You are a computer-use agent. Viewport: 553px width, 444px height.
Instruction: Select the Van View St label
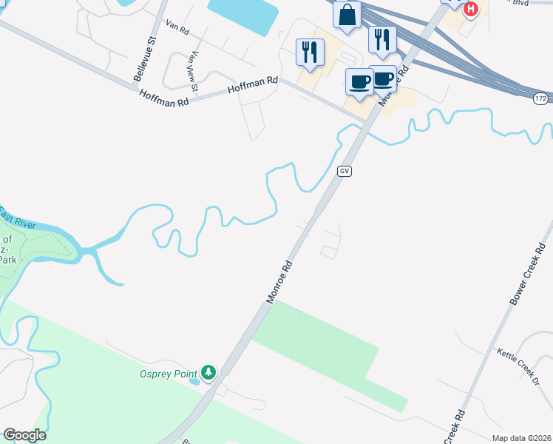(194, 72)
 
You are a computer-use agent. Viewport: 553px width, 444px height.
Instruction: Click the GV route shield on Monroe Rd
(344, 171)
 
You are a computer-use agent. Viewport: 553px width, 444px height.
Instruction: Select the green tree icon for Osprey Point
(209, 371)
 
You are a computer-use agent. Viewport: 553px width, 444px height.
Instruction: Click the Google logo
(24, 435)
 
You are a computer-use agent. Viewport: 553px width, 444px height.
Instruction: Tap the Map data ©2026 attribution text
(521, 438)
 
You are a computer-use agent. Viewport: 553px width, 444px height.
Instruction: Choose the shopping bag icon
(347, 15)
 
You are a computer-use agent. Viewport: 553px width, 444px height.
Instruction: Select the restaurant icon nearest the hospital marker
(381, 39)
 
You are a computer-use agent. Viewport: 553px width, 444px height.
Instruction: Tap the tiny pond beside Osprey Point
(194, 382)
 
